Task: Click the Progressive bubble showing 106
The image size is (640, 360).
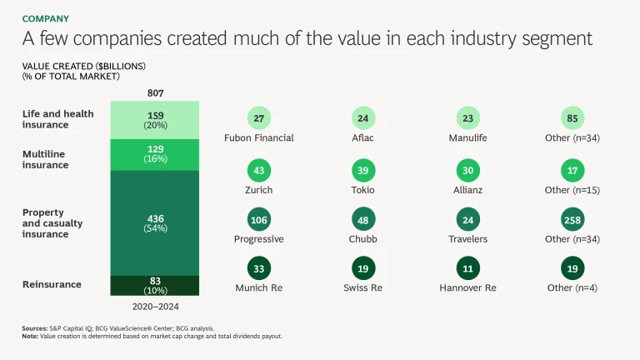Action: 260,220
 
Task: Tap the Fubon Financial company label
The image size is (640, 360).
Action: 260,137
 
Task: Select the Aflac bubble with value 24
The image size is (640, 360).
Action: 362,118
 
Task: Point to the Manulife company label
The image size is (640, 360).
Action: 468,137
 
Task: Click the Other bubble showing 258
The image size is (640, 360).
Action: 572,220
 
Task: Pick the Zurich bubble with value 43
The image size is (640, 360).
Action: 260,171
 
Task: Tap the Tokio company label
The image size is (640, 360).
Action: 362,190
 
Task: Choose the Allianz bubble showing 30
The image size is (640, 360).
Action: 468,171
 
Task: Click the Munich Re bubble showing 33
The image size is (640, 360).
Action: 260,269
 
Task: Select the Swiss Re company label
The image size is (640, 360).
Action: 362,287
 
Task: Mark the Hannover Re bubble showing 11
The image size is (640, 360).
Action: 468,269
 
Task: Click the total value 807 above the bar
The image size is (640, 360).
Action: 155,93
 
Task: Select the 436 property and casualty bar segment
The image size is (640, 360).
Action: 155,222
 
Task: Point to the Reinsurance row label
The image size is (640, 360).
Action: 52,284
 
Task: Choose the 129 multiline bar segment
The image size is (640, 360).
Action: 155,154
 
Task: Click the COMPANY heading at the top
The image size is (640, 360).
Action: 46,18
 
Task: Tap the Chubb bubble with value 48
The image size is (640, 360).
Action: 362,220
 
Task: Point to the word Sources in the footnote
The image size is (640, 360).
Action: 34,329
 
